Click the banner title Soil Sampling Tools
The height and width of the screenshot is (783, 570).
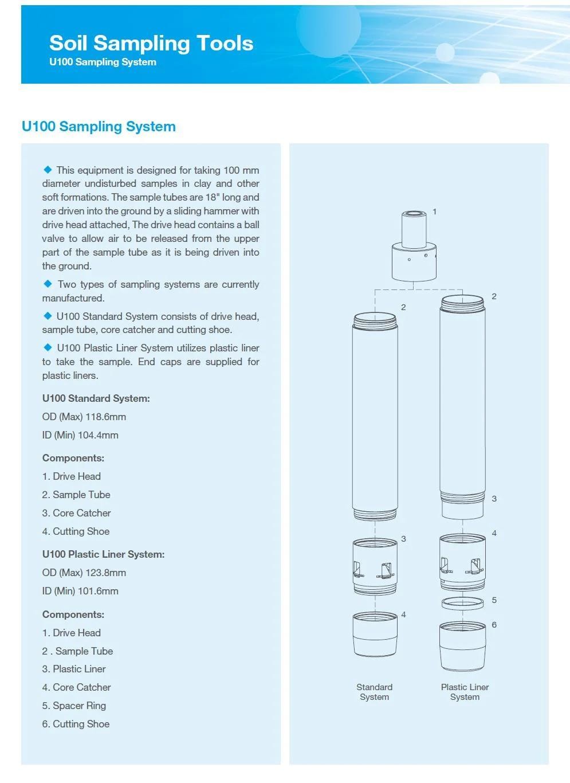tap(151, 43)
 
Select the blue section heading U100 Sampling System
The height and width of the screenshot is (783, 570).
tap(99, 127)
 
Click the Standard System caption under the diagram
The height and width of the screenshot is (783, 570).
tap(374, 692)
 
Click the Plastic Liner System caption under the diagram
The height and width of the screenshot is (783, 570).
tap(465, 692)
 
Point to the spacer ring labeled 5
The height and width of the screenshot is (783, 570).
tap(463, 602)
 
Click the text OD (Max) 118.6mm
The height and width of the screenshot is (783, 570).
tap(84, 417)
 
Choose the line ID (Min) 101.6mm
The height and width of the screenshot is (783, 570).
tap(80, 591)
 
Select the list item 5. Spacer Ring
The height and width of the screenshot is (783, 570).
tap(74, 706)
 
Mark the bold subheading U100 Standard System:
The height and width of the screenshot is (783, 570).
tap(96, 398)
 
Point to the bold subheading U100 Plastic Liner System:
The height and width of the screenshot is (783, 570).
tap(103, 554)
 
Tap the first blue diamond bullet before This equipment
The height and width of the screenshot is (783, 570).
tap(48, 170)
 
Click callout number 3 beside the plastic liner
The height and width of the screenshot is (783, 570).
tap(494, 499)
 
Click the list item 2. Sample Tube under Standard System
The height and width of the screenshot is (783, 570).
tap(76, 495)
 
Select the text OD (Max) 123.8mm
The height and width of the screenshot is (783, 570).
tap(84, 573)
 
